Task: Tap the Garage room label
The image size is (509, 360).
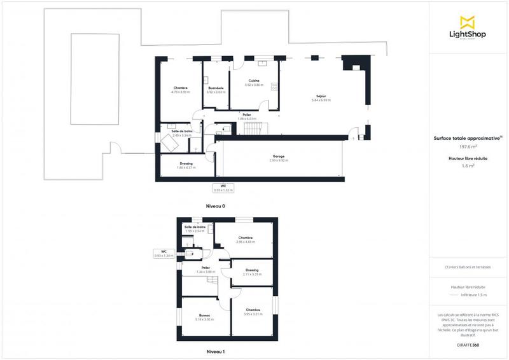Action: click(x=279, y=156)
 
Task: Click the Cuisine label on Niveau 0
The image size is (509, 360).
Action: click(x=254, y=80)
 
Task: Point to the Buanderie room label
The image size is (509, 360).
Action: click(x=215, y=88)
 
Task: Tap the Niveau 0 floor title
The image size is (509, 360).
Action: click(x=215, y=206)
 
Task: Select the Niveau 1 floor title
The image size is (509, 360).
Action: click(x=215, y=351)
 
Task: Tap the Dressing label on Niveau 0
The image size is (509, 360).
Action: click(x=186, y=163)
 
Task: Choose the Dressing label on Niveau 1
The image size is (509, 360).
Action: click(x=253, y=270)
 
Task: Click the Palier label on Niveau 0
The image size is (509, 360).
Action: click(x=246, y=114)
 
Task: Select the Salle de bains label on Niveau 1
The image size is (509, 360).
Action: click(x=195, y=226)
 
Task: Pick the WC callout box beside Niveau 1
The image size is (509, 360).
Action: click(x=164, y=254)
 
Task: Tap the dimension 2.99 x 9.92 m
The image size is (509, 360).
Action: click(x=279, y=160)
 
